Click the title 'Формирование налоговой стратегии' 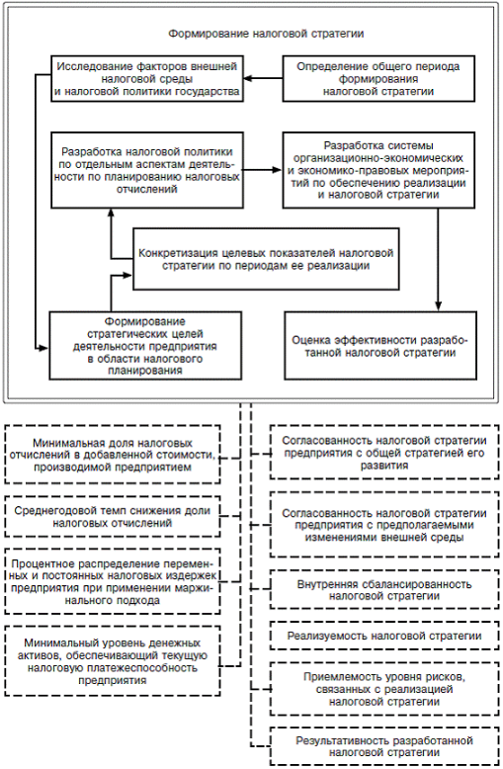[266, 34]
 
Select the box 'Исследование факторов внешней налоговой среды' [147, 78]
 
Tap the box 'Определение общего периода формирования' [378, 78]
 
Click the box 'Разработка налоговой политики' [147, 170]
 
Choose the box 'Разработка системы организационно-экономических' [378, 170]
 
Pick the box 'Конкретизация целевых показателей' [266, 259]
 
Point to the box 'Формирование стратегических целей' [145, 345]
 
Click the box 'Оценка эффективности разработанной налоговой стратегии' [380, 345]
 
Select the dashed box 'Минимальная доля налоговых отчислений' [113, 454]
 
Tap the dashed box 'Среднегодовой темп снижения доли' [113, 516]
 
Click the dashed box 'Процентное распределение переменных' [113, 581]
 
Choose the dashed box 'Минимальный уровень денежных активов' [113, 660]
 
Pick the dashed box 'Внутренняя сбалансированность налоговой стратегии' [384, 589]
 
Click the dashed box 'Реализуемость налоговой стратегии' [384, 636]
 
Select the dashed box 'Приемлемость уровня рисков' [384, 689]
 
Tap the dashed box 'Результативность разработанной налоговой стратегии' [384, 746]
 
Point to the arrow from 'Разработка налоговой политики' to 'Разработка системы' [263, 170]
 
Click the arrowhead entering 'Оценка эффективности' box [439, 306]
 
